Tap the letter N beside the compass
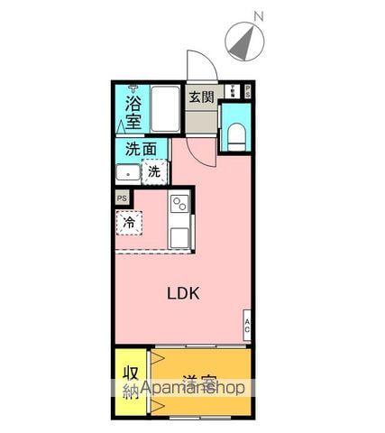pyautogui.click(x=259, y=16)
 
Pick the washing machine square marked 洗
pyautogui.click(x=154, y=170)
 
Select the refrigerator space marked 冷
pyautogui.click(x=130, y=221)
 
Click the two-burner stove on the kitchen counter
pyautogui.click(x=179, y=203)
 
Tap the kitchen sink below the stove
pyautogui.click(x=179, y=235)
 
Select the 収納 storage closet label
pyautogui.click(x=132, y=382)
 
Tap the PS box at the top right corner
pyautogui.click(x=248, y=90)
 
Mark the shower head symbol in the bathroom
pyautogui.click(x=133, y=88)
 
